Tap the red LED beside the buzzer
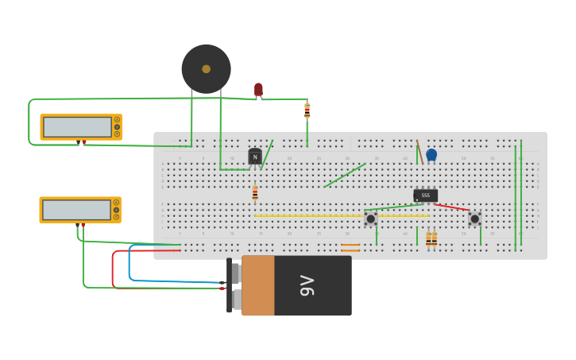258,89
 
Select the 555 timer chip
425,195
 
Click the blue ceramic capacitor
431,154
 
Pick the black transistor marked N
255,157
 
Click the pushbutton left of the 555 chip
370,218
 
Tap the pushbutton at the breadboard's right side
474,219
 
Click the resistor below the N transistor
255,192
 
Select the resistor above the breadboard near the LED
307,110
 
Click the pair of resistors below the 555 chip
431,238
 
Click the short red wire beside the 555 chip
452,207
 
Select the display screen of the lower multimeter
76,210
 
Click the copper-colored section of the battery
258,285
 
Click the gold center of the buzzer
206,69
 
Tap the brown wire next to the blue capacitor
419,151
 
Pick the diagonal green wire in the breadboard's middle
344,176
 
